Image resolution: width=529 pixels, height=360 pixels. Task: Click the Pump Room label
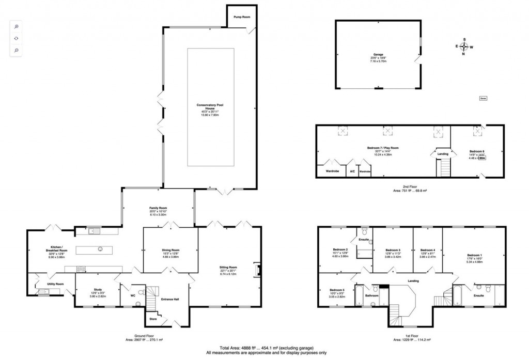point(242,18)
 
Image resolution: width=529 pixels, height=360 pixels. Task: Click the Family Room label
point(159,208)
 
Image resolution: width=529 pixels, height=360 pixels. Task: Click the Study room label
point(98,289)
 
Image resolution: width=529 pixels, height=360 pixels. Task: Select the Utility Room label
point(56,284)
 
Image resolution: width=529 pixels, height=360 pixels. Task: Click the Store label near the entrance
point(153,319)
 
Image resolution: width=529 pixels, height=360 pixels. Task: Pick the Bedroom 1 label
point(474,255)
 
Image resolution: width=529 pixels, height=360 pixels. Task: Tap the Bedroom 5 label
point(337,290)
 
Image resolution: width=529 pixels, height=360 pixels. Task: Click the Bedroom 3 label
point(393,250)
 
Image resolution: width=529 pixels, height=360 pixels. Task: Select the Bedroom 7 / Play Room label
point(383,148)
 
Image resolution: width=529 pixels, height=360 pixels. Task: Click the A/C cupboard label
point(352,171)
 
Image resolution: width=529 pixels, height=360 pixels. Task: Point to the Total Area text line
point(266,348)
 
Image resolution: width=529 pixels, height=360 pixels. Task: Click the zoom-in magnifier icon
point(16,26)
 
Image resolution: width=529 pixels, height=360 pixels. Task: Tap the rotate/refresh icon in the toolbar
point(16,38)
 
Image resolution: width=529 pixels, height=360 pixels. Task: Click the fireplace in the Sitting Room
point(257,270)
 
